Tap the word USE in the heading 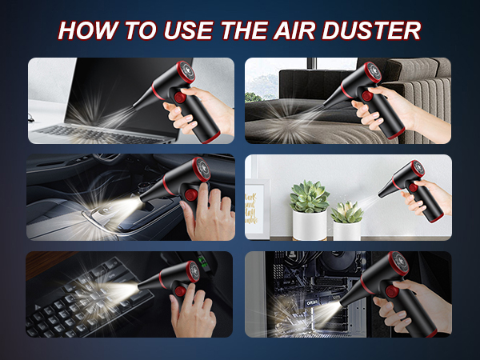[x=188, y=32]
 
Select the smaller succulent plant [x=346, y=212]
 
